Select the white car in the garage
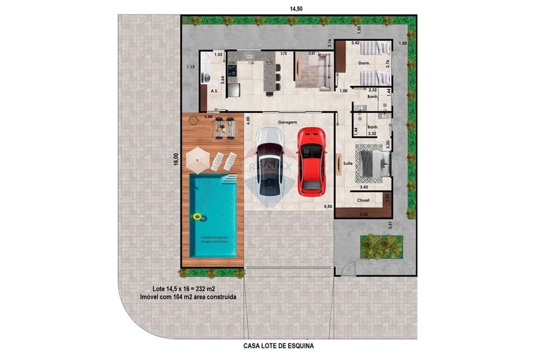point(269,162)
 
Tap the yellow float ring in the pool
point(198,217)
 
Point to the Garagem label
point(288,123)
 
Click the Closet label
point(363,201)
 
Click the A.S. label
point(214,91)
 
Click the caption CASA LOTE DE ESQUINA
point(279,345)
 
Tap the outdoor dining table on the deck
point(223,128)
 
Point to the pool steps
point(229,178)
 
